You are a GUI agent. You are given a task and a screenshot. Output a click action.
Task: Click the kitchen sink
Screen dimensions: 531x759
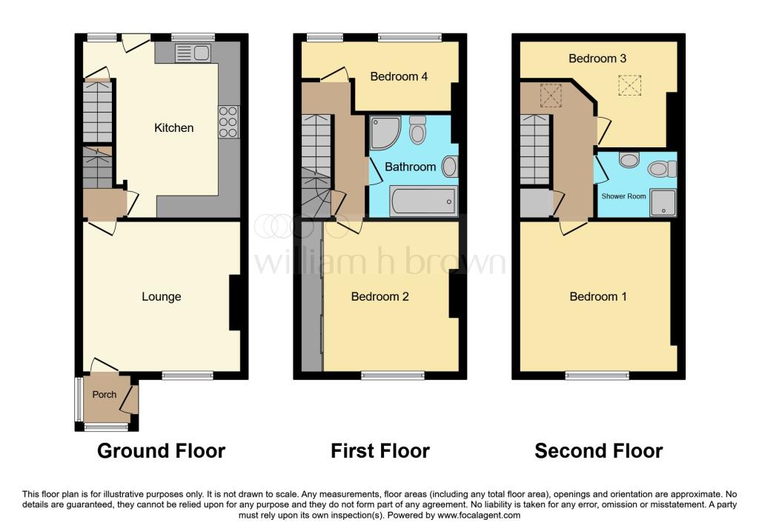pos(193,53)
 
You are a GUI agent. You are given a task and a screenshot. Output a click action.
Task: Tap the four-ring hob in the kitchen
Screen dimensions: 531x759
pos(228,122)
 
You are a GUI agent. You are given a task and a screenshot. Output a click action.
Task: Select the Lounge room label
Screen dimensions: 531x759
pos(162,297)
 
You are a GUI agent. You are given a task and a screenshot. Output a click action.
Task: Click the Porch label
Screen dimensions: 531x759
pos(105,395)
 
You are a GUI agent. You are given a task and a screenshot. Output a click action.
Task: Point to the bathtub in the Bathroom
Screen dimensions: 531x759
pos(422,201)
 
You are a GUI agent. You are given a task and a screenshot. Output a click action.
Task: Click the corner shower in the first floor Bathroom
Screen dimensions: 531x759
pos(385,131)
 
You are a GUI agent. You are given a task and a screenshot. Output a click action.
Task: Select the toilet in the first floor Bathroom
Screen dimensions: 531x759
pos(417,131)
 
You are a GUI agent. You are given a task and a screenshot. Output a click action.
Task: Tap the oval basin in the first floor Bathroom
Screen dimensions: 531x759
pos(449,167)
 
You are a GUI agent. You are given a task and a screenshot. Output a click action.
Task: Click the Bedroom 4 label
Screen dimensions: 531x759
pos(399,76)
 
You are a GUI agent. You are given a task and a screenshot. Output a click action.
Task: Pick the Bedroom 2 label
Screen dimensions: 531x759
pos(380,297)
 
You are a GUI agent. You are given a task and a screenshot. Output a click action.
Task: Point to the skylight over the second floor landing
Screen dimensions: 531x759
pos(551,96)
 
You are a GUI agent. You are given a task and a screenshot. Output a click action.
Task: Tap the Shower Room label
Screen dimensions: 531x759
pos(623,197)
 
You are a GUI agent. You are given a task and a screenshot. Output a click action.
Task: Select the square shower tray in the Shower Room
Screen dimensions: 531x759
pos(662,201)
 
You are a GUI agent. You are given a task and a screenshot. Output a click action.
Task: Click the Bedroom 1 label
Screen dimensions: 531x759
pos(598,297)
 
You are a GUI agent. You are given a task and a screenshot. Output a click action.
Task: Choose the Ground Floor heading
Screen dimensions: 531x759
pos(161,450)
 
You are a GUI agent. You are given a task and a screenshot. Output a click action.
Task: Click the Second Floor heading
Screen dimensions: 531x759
pos(598,450)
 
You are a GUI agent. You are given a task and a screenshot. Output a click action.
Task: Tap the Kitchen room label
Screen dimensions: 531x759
pos(173,128)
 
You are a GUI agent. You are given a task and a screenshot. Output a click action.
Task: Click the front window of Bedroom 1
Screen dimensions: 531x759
pos(597,375)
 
